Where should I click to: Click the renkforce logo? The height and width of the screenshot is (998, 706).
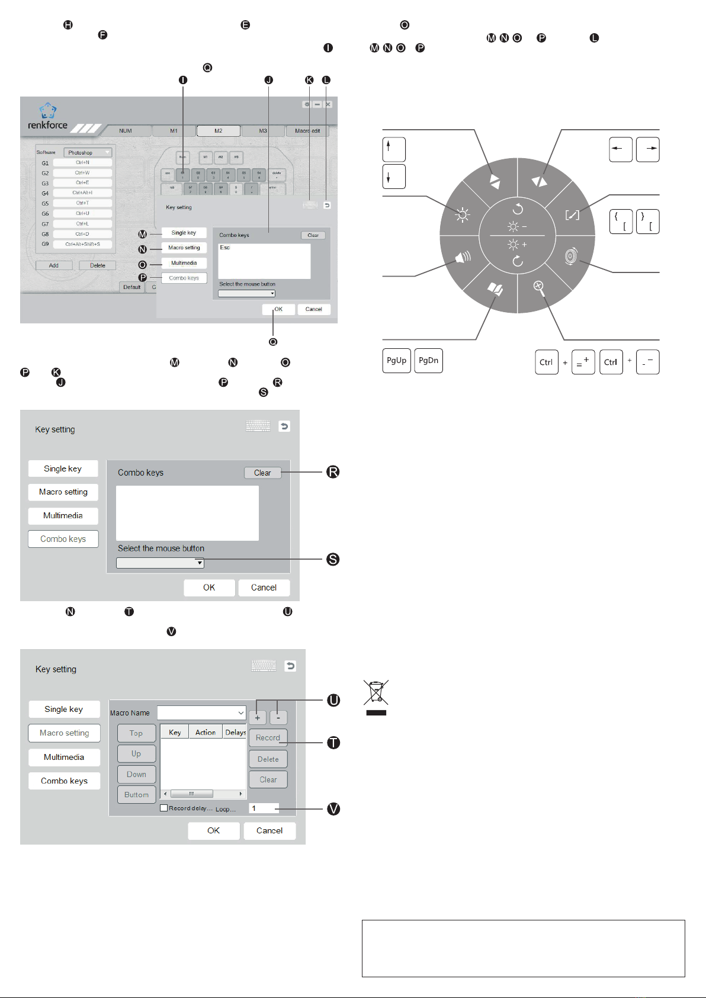click(x=48, y=117)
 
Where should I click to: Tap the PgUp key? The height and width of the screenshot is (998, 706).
click(x=396, y=361)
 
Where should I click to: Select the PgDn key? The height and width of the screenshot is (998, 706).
click(x=428, y=361)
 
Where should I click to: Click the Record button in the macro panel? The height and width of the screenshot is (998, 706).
click(x=268, y=738)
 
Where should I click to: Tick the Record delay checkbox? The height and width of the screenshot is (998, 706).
click(x=164, y=808)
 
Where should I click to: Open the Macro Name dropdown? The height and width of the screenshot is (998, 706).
click(x=201, y=713)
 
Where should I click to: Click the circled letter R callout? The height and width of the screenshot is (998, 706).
click(x=333, y=472)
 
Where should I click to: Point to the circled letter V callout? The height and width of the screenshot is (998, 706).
click(x=334, y=809)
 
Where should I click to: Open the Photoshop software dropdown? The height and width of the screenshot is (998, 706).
click(x=88, y=153)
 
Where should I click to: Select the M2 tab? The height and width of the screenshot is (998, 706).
click(x=219, y=131)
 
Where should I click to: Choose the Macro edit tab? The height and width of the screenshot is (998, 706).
click(x=307, y=131)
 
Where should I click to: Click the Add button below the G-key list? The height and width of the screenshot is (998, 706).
click(x=54, y=265)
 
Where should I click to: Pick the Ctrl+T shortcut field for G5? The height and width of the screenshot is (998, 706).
click(x=82, y=203)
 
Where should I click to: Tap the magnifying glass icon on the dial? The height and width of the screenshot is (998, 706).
click(x=539, y=287)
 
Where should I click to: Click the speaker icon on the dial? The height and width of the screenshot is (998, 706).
click(x=463, y=257)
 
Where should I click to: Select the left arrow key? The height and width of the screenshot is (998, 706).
click(x=621, y=149)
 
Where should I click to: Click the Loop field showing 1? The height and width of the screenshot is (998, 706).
click(x=263, y=808)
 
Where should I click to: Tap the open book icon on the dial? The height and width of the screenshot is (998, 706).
click(x=495, y=288)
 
